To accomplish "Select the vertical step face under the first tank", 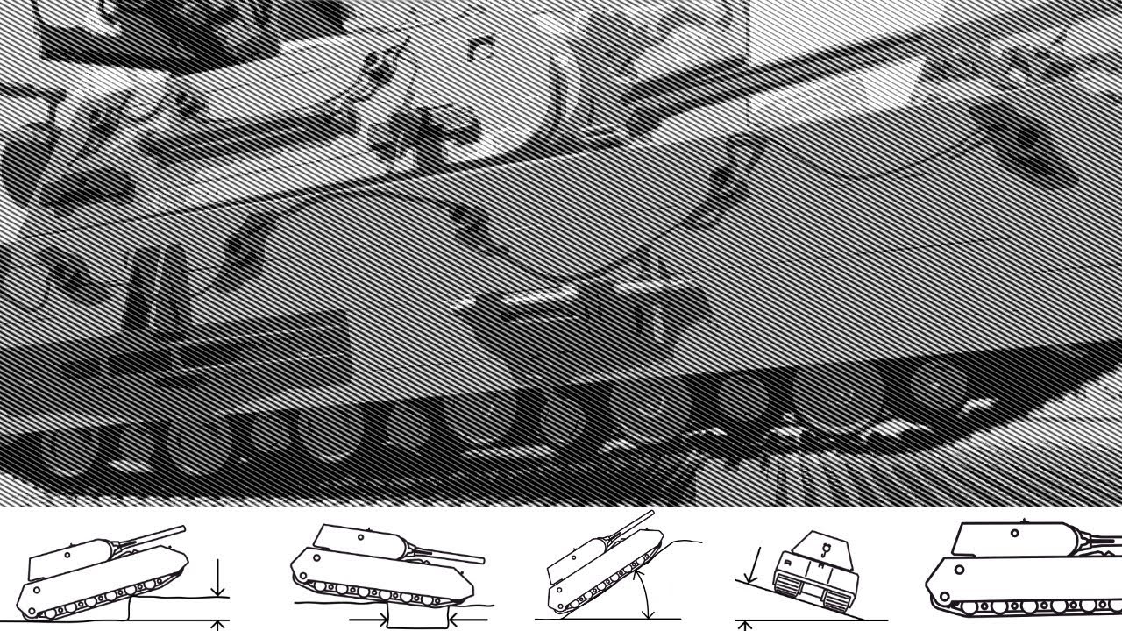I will (130, 607).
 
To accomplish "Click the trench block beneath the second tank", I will (418, 616).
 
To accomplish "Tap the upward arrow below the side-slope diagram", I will (745, 626).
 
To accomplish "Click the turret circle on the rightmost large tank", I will (1014, 532).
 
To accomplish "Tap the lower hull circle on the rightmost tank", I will (960, 570).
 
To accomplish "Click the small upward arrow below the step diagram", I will (218, 626).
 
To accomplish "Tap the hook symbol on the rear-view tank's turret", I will (825, 549).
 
